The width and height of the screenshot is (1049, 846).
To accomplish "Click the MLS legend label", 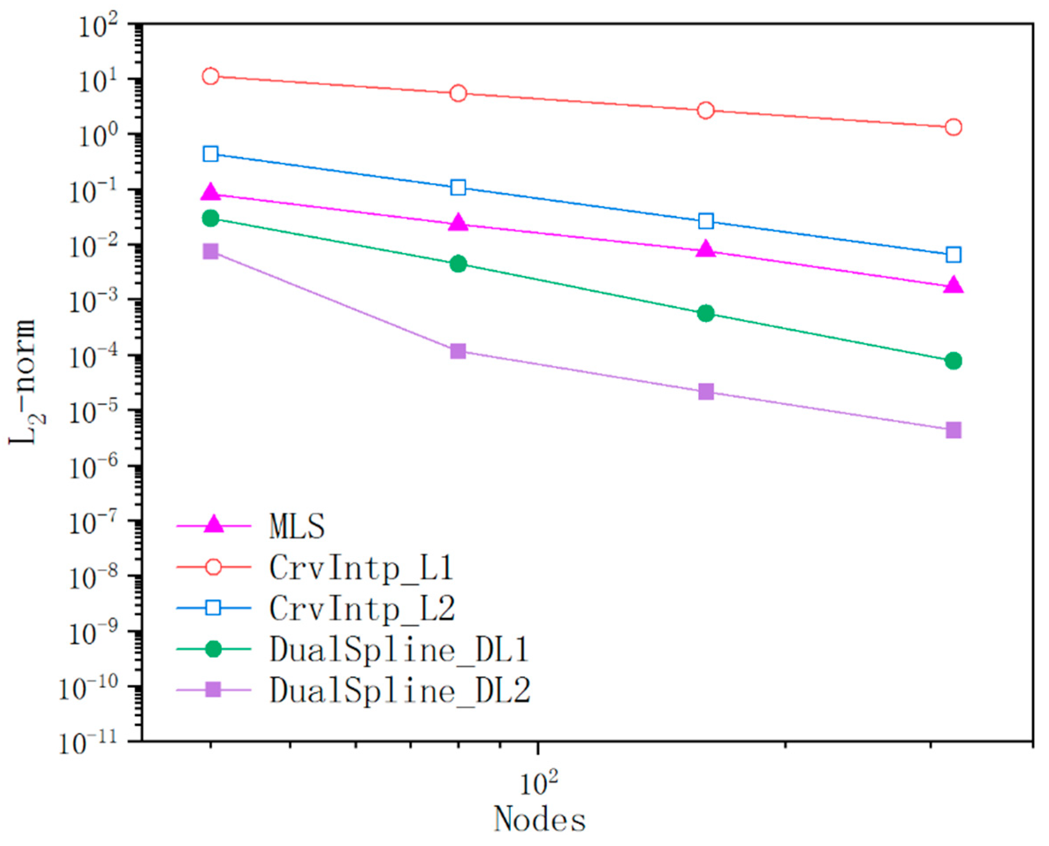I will pyautogui.click(x=296, y=527).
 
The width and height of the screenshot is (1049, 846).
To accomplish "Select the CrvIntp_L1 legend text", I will pyautogui.click(x=361, y=568).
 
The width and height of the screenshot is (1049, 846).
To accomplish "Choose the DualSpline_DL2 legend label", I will pyautogui.click(x=400, y=690).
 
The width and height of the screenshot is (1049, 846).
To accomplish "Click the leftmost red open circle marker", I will pyautogui.click(x=211, y=76).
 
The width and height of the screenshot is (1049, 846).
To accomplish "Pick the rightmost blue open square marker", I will pyautogui.click(x=954, y=254).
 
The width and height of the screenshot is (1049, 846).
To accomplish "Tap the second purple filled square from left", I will pyautogui.click(x=458, y=351).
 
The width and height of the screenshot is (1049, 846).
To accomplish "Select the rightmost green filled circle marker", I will pyautogui.click(x=954, y=361).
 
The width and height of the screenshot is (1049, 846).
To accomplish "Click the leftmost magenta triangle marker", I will pyautogui.click(x=211, y=193).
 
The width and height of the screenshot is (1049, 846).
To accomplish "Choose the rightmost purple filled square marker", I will pyautogui.click(x=954, y=430).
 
